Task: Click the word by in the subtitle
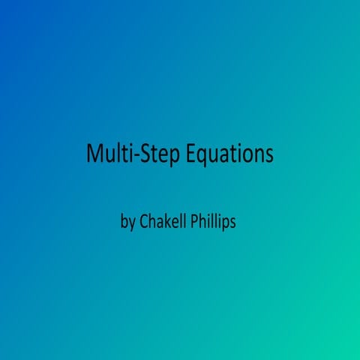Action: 128,223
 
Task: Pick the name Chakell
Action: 163,222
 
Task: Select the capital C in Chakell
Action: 144,222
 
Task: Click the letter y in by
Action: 132,224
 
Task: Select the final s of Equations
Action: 268,155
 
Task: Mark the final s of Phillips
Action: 233,223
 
